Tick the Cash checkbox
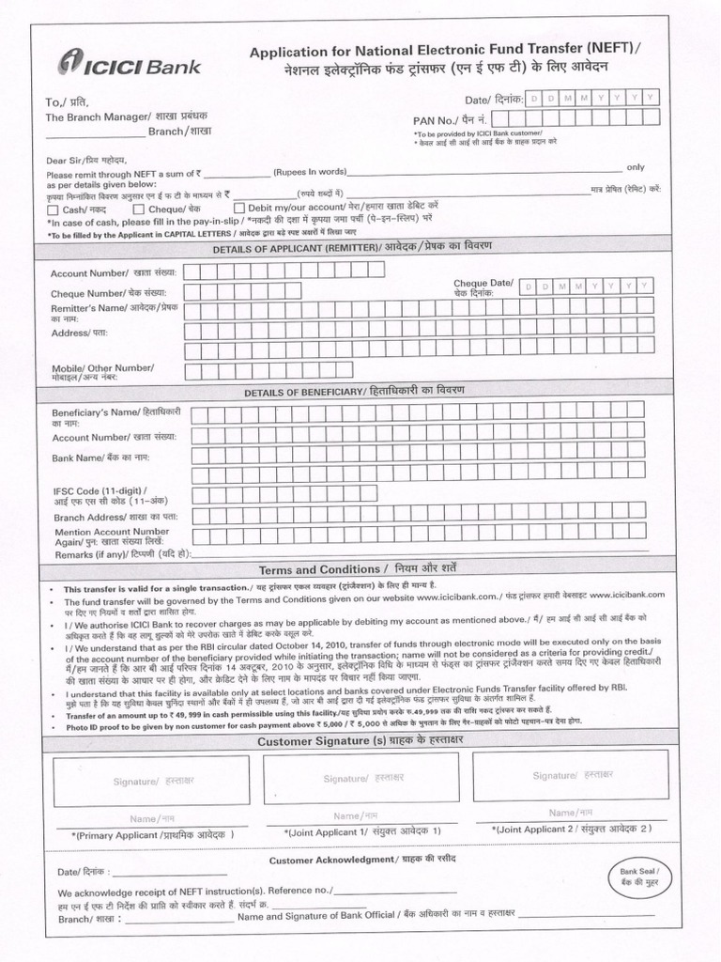[53, 209]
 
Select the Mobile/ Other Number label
[103, 370]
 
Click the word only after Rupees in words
[635, 167]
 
